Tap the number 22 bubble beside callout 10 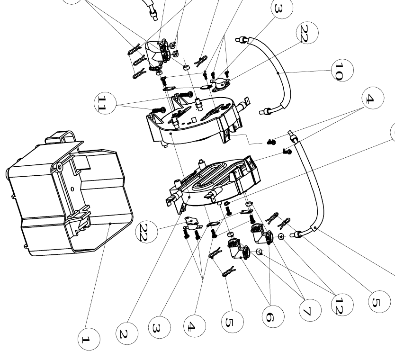pos(306,34)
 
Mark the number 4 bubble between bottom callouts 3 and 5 pos(194,326)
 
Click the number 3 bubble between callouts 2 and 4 pos(159,327)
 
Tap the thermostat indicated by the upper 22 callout pos(220,84)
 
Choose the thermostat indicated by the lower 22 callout pos(192,221)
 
